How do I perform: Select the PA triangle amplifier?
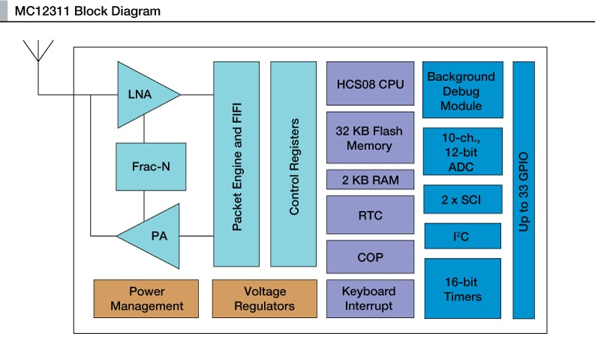pos(154,235)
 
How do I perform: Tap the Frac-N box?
pos(151,166)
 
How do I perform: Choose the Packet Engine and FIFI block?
pos(236,164)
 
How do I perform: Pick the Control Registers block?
pos(293,164)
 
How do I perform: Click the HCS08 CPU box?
pos(370,83)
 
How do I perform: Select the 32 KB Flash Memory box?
pos(370,138)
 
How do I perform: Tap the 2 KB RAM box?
pos(370,180)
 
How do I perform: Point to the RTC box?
pos(370,215)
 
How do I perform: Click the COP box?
pos(370,257)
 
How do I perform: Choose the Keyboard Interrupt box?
pos(370,298)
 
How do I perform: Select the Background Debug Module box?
pos(461,90)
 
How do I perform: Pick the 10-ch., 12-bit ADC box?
pos(461,151)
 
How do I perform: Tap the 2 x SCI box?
pos(461,199)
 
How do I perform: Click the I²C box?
pos(461,235)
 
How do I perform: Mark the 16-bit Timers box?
pos(461,289)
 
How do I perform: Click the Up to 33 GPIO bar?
pos(524,190)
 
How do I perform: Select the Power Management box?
pos(146,298)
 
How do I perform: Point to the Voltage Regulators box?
pos(264,298)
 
